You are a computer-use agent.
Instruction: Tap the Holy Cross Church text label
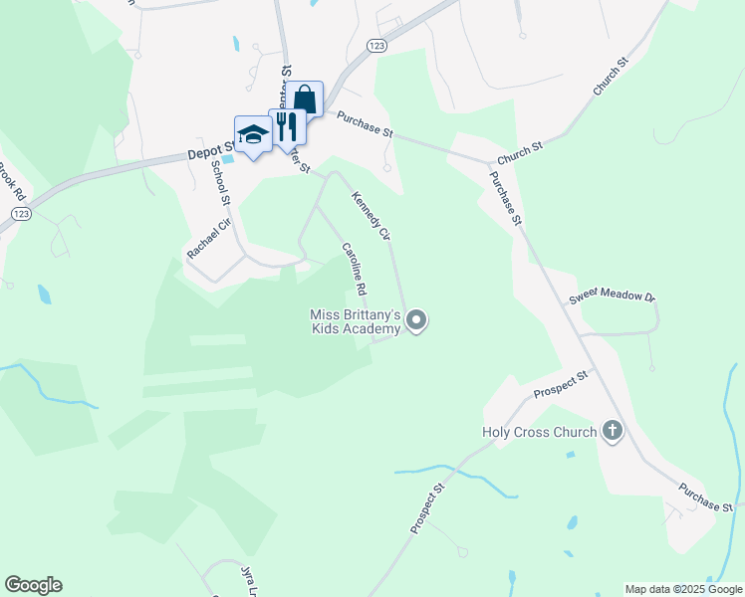coord(539,432)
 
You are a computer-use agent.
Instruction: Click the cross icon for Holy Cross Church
coord(613,431)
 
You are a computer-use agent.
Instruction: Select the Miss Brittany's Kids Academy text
coord(356,321)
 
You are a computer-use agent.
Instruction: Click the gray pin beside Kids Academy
coord(418,320)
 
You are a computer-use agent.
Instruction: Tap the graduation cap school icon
coord(253,134)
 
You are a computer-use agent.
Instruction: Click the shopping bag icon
coord(306,99)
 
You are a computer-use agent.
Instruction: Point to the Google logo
coord(33,585)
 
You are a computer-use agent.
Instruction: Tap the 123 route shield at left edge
coord(20,214)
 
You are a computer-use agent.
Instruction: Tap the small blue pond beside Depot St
coord(229,157)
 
